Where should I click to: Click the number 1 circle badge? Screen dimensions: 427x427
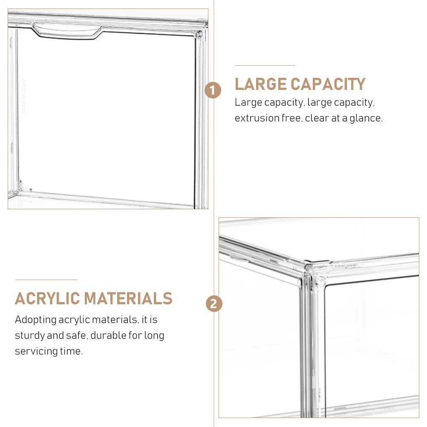point(213,90)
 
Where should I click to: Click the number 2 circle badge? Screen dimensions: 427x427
point(214,304)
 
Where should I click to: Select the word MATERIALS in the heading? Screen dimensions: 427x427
point(128,298)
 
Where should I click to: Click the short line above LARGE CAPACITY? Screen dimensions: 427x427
point(265,65)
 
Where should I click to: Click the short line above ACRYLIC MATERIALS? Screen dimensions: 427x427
point(46,280)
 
